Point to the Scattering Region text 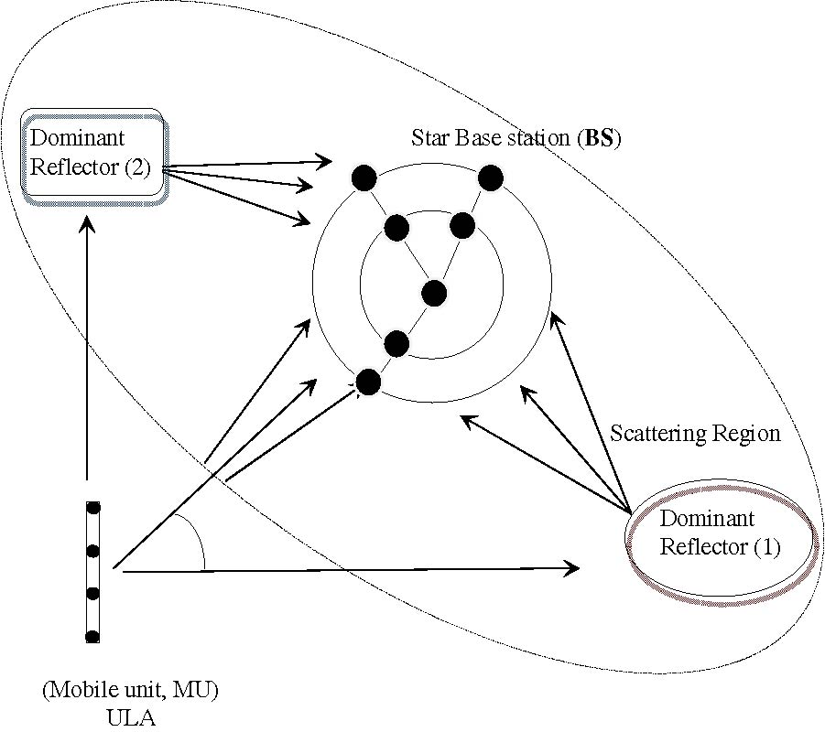(696, 433)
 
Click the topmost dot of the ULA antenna (92, 508)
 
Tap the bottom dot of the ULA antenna (92, 635)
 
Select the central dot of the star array (433, 294)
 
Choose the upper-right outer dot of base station (490, 178)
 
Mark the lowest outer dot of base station (368, 381)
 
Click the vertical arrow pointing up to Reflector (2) (87, 348)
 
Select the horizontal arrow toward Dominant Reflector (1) (348, 569)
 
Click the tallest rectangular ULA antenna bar (92, 572)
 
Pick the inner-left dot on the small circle (396, 227)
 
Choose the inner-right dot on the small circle (462, 225)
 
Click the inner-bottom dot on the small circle (396, 344)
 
